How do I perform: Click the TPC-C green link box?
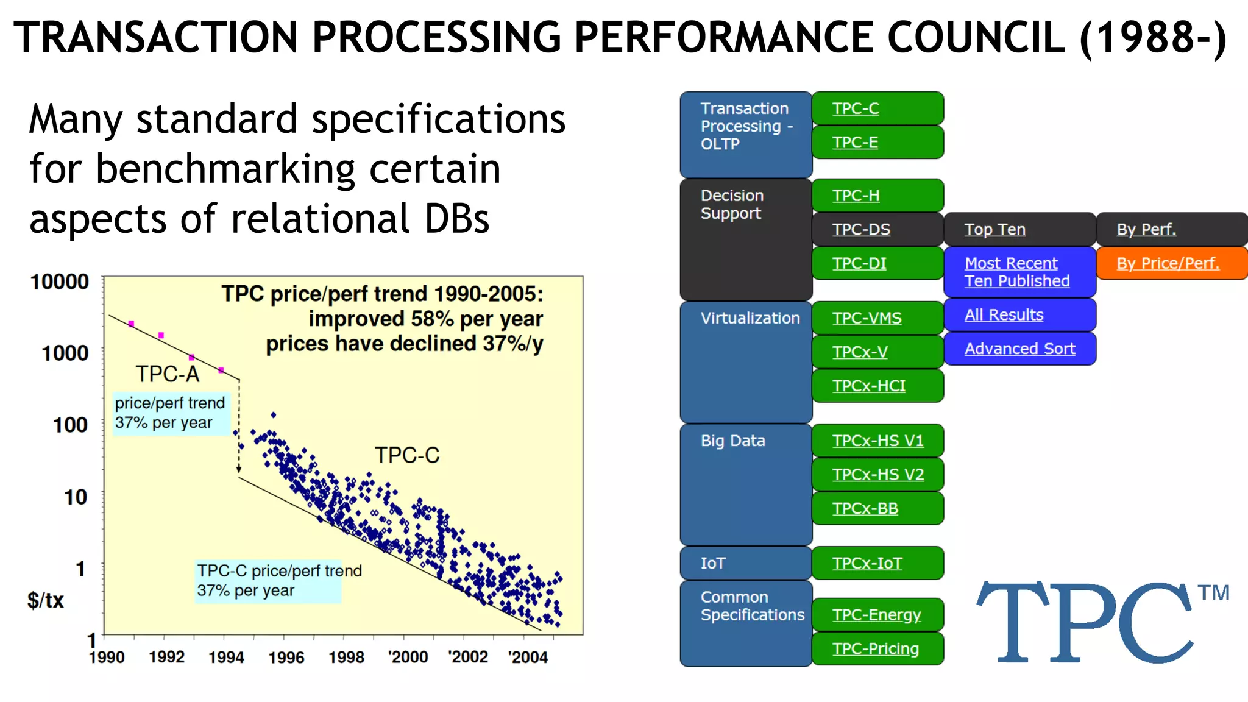pyautogui.click(x=877, y=108)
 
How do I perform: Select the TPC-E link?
pyautogui.click(x=877, y=143)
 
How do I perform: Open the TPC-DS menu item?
pyautogui.click(x=877, y=230)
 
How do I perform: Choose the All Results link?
pyautogui.click(x=1019, y=315)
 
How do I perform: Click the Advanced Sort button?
pyautogui.click(x=1019, y=349)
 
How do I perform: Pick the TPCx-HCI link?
pyautogui.click(x=877, y=386)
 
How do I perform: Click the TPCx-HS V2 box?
pyautogui.click(x=877, y=475)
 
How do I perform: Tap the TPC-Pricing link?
pyautogui.click(x=877, y=649)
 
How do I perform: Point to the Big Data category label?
pyautogui.click(x=732, y=441)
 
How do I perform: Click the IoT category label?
pyautogui.click(x=713, y=563)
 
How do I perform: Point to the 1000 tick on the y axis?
pyautogui.click(x=65, y=353)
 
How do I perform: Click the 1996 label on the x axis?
pyautogui.click(x=286, y=658)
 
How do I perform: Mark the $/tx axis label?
pyautogui.click(x=46, y=600)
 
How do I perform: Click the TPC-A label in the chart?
pyautogui.click(x=168, y=374)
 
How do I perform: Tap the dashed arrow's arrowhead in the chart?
pyautogui.click(x=239, y=469)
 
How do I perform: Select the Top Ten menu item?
pyautogui.click(x=995, y=230)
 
